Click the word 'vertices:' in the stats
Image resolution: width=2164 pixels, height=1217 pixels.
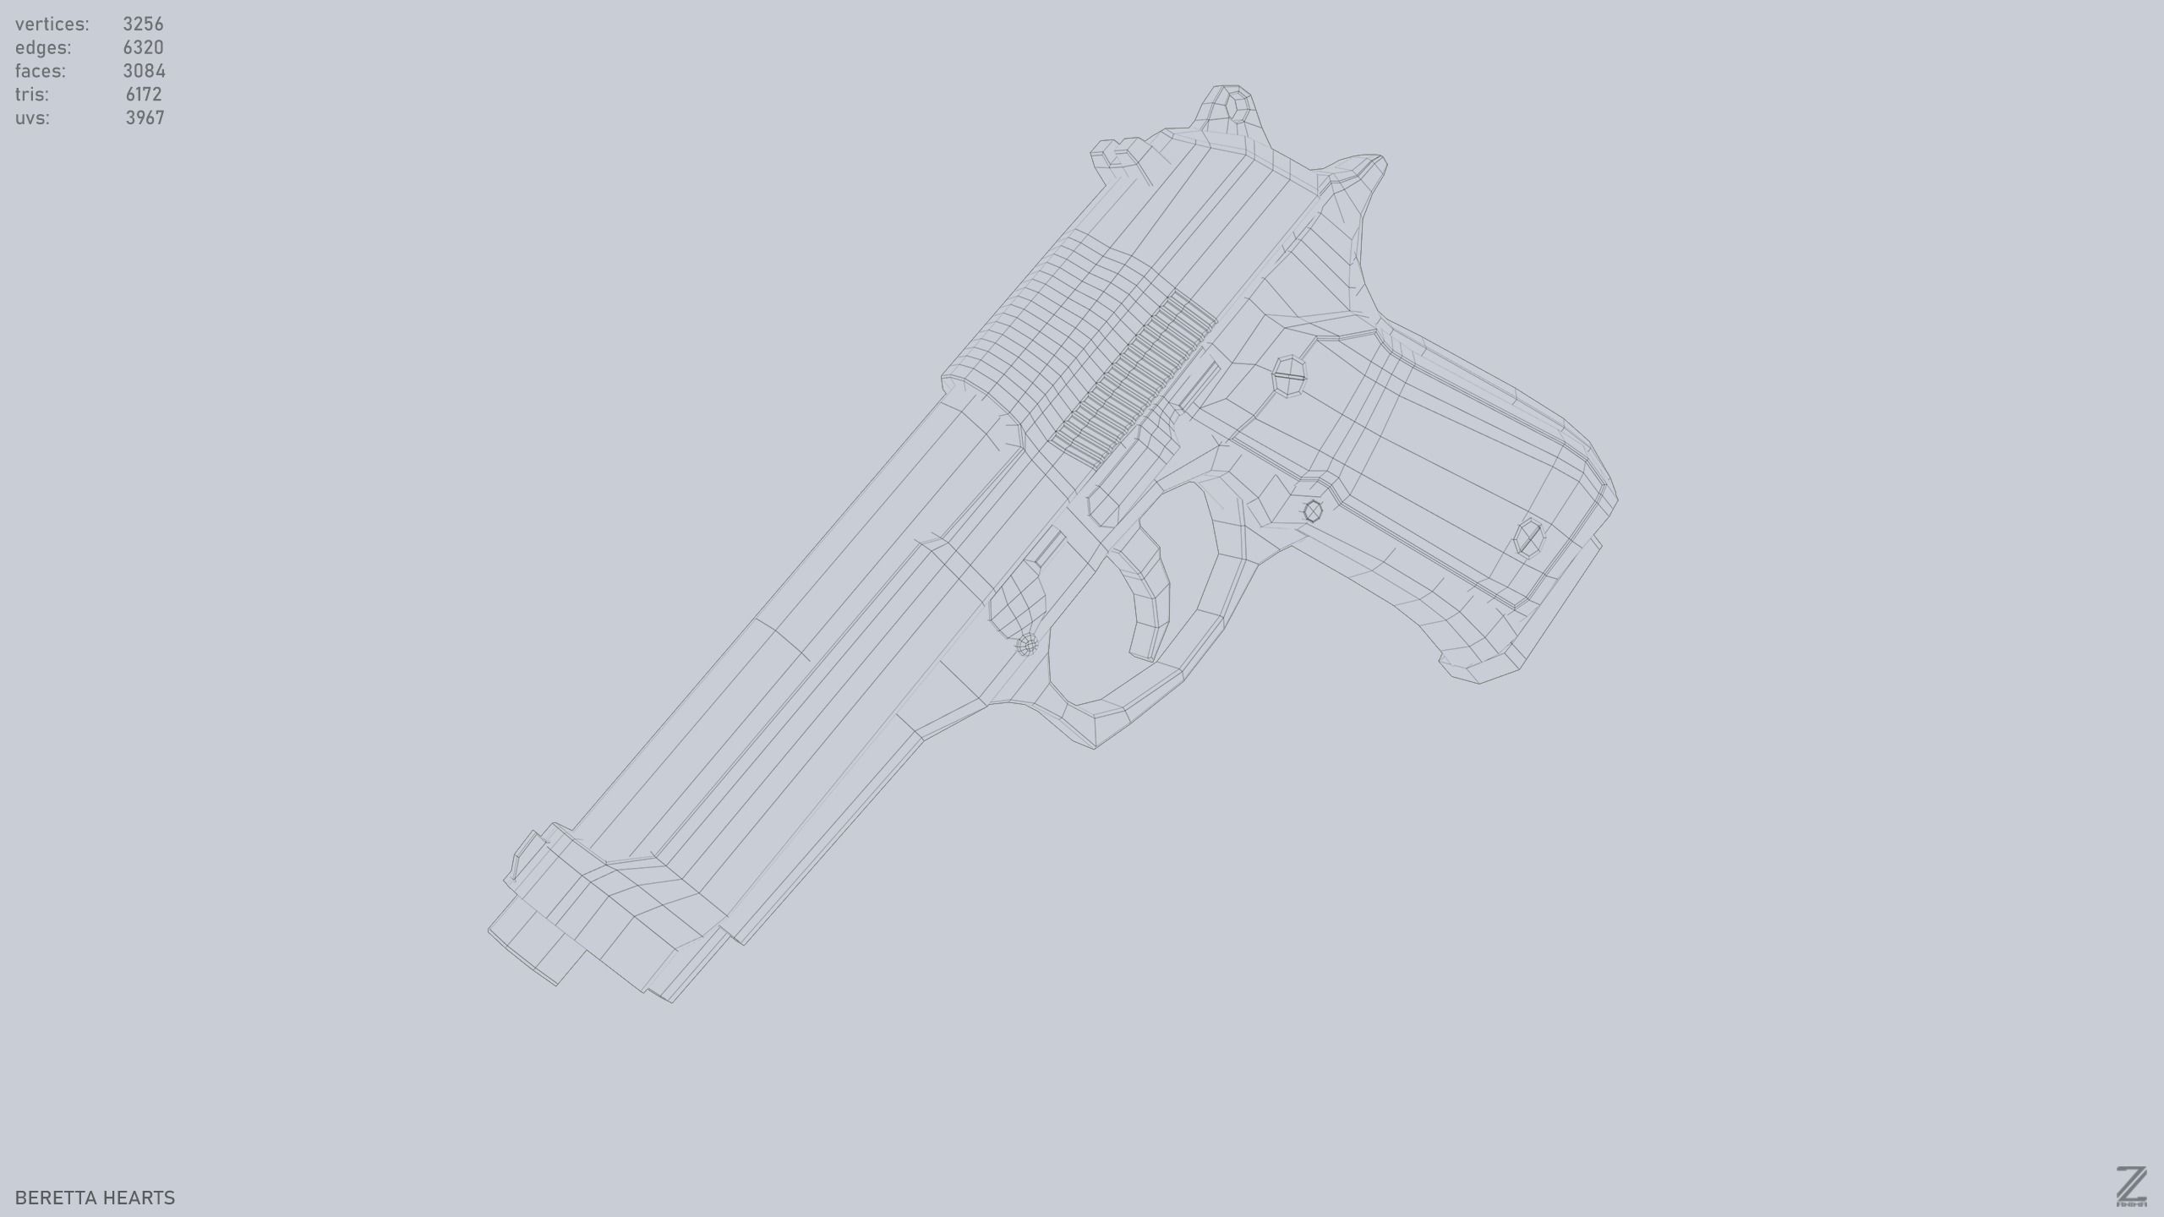pyautogui.click(x=52, y=24)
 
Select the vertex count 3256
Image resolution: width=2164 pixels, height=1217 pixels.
pyautogui.click(x=143, y=24)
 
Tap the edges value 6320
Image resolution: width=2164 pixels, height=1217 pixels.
pyautogui.click(x=143, y=47)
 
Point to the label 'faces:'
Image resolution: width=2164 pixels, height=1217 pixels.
pyautogui.click(x=40, y=71)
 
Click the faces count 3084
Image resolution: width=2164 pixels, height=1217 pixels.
pyautogui.click(x=144, y=71)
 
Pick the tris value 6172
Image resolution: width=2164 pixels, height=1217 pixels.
pyautogui.click(x=144, y=95)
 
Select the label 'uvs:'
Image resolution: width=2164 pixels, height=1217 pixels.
pyautogui.click(x=32, y=118)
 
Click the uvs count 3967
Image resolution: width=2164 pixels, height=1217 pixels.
pyautogui.click(x=145, y=118)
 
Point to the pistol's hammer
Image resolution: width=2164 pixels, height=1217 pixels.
pyautogui.click(x=1231, y=110)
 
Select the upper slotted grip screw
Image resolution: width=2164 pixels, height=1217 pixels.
pyautogui.click(x=1290, y=375)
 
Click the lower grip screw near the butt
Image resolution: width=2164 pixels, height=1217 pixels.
pyautogui.click(x=1529, y=538)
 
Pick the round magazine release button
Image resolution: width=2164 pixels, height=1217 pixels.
pyautogui.click(x=1313, y=510)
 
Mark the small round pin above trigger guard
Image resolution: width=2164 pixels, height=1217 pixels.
pyautogui.click(x=1027, y=646)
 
